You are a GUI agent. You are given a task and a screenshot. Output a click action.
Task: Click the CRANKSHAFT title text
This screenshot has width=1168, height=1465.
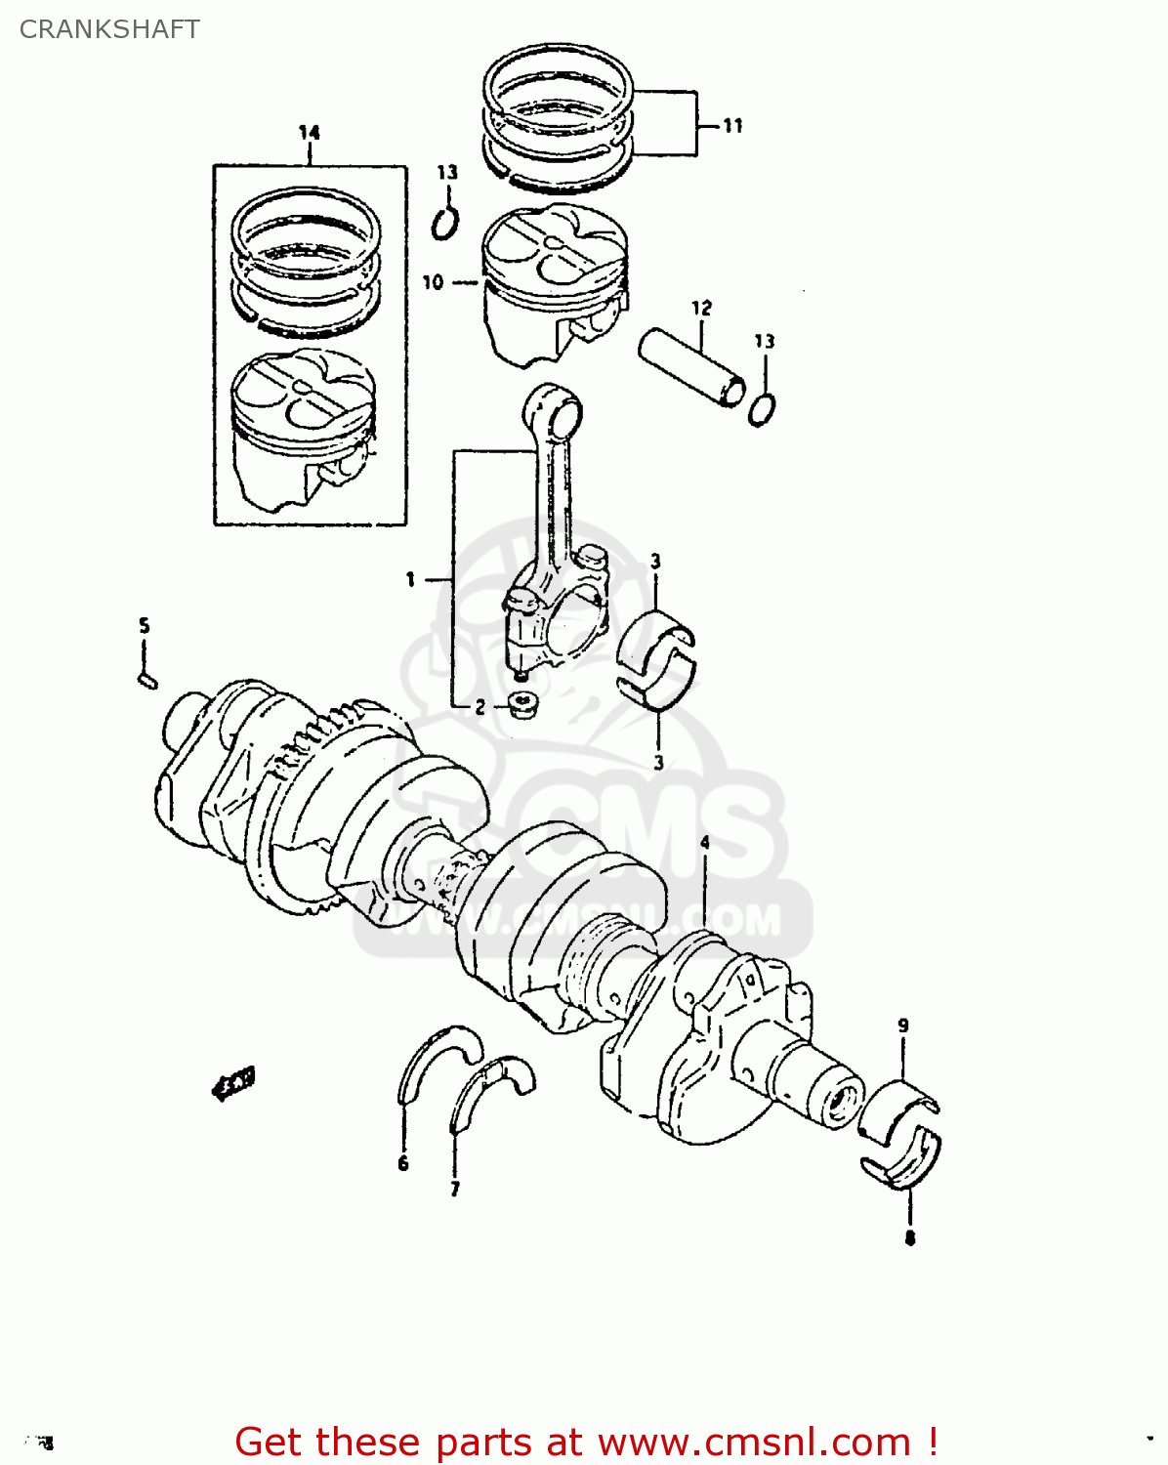pyautogui.click(x=109, y=29)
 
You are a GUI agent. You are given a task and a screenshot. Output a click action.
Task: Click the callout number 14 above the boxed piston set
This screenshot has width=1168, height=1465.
pyautogui.click(x=309, y=133)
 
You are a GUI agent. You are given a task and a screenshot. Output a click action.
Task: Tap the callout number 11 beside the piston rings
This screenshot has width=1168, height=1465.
pyautogui.click(x=732, y=125)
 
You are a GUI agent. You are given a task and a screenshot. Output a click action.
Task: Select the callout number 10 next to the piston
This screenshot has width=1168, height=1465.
pyautogui.click(x=433, y=282)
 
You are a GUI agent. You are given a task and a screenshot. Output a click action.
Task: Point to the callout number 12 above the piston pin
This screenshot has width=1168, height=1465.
pyautogui.click(x=701, y=309)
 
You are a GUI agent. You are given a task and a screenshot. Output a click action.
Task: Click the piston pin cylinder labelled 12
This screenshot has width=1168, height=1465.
pyautogui.click(x=691, y=369)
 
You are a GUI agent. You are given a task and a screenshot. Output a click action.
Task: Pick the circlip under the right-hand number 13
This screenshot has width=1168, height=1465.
pyautogui.click(x=763, y=409)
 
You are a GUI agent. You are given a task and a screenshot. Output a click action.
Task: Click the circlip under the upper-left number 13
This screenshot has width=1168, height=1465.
pyautogui.click(x=445, y=224)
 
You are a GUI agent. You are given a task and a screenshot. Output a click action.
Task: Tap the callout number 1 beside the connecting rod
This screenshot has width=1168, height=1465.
pyautogui.click(x=411, y=580)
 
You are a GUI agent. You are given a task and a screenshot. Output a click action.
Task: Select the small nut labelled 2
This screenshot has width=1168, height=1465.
pyautogui.click(x=523, y=704)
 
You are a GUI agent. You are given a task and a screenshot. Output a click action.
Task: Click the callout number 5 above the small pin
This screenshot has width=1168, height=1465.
pyautogui.click(x=144, y=625)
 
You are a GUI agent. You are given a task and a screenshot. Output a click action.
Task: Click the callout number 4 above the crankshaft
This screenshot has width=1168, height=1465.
pyautogui.click(x=704, y=843)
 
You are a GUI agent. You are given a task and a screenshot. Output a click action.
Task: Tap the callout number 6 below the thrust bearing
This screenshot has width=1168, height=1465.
pyautogui.click(x=402, y=1163)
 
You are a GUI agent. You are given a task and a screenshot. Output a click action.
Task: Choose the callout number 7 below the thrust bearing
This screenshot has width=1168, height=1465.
pyautogui.click(x=454, y=1189)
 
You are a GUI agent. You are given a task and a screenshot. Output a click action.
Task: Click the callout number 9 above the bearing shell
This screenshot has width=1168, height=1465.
pyautogui.click(x=903, y=1025)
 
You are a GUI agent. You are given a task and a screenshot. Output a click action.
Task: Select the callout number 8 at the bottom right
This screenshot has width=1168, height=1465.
pyautogui.click(x=909, y=1238)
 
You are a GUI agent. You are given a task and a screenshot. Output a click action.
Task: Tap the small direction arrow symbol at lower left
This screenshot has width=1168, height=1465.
pyautogui.click(x=234, y=1082)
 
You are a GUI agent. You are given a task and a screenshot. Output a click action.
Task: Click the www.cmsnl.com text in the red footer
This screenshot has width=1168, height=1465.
pyautogui.click(x=754, y=1442)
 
